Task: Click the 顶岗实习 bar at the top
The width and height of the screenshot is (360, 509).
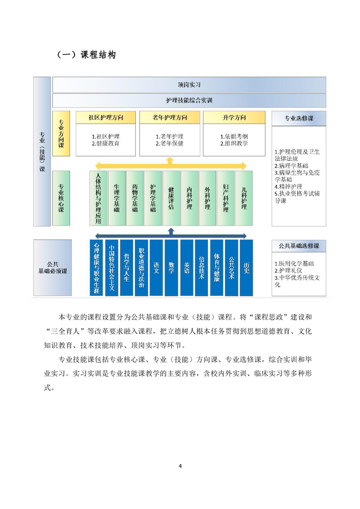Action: click(189, 85)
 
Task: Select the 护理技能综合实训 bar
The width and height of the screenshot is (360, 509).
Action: click(189, 100)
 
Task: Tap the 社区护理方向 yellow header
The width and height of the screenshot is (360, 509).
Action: click(106, 117)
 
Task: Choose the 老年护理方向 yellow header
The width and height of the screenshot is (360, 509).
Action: click(170, 117)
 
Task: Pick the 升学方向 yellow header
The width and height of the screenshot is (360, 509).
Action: click(234, 117)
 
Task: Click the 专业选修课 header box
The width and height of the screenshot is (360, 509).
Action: click(299, 118)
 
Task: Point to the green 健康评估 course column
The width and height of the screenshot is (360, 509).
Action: click(171, 198)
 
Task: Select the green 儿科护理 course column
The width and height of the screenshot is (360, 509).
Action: click(244, 198)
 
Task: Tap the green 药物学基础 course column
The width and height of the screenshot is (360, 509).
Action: click(135, 198)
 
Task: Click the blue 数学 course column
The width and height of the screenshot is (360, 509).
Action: click(171, 268)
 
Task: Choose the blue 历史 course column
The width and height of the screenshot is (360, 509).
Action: click(247, 268)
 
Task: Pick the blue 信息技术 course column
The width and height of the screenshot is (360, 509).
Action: click(202, 268)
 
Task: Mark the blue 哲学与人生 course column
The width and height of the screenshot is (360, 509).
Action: click(126, 268)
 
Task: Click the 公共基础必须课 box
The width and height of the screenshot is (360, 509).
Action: click(53, 268)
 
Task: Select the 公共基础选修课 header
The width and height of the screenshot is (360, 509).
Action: click(299, 246)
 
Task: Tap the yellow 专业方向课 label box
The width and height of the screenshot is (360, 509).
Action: click(61, 134)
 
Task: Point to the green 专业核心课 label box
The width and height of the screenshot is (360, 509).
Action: click(61, 198)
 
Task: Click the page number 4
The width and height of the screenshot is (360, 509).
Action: click(180, 466)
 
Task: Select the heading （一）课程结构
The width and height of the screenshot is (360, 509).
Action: click(86, 54)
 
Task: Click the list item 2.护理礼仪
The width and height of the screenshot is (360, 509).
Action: click(288, 270)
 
